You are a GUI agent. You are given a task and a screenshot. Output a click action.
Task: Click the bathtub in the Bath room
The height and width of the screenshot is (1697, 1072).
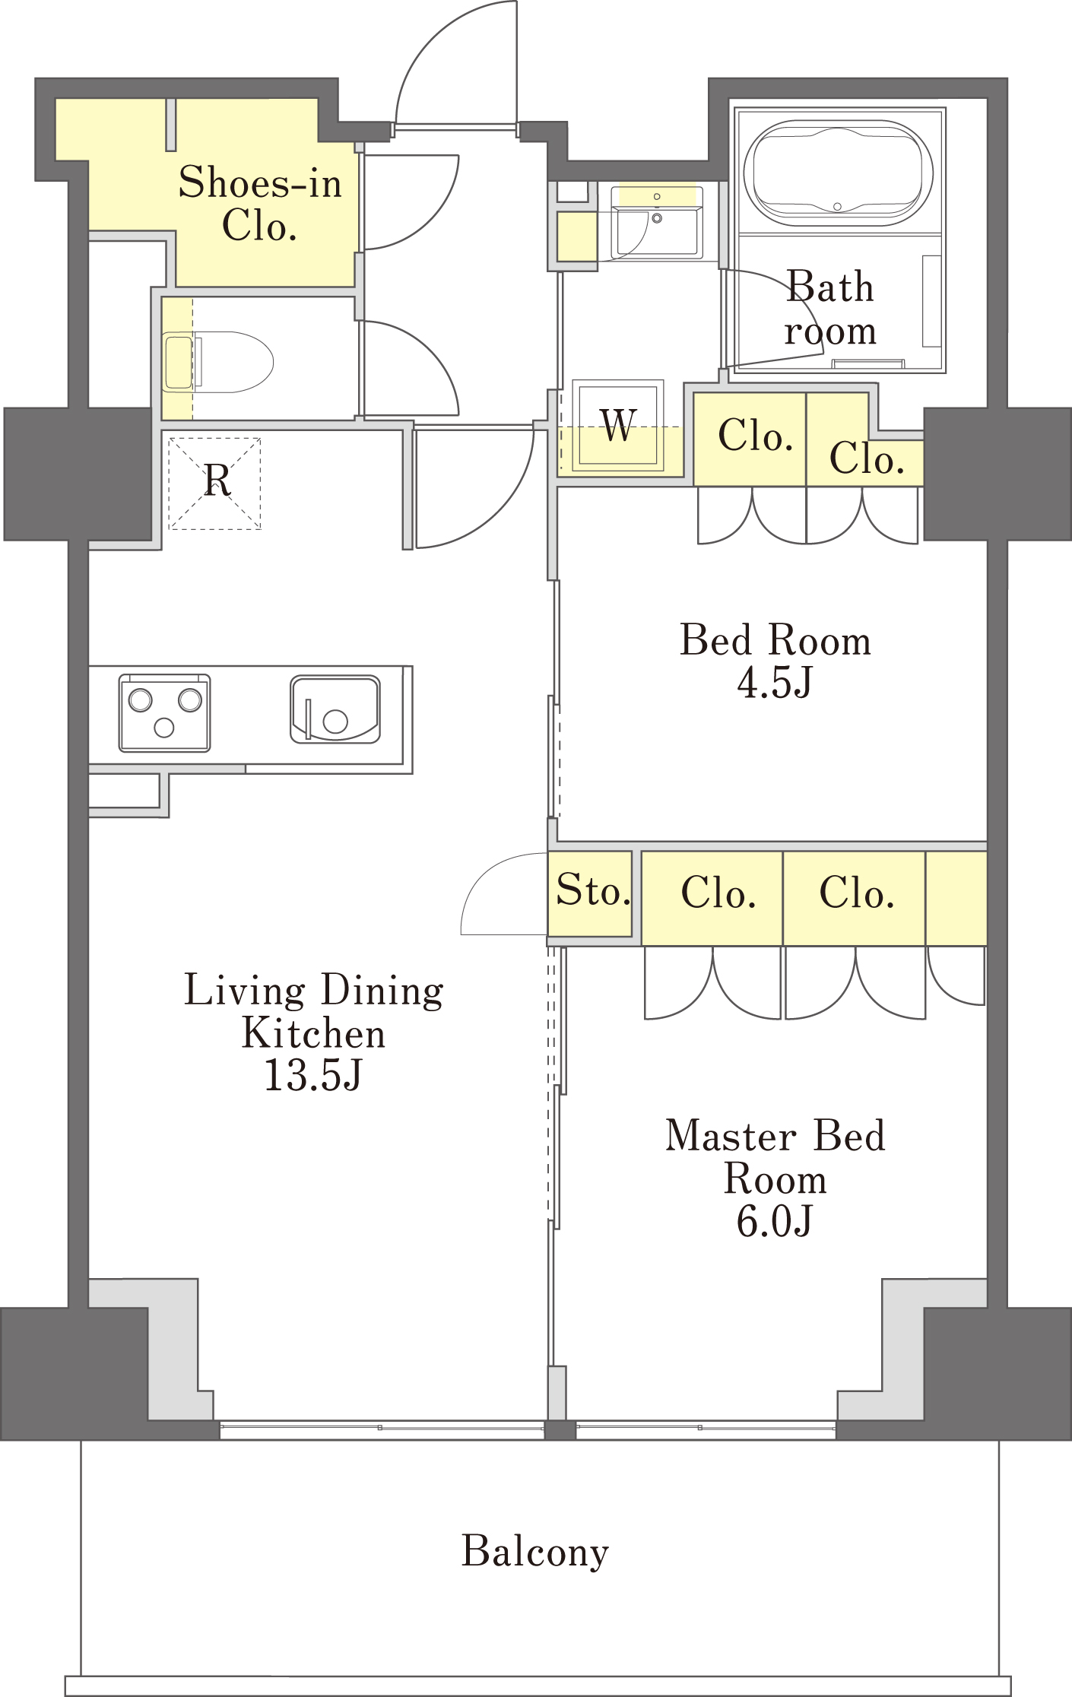click(838, 173)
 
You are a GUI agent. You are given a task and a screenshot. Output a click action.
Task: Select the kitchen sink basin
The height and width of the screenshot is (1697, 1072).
click(335, 709)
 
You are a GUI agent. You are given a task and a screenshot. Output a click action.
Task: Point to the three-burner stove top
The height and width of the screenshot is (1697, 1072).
click(164, 712)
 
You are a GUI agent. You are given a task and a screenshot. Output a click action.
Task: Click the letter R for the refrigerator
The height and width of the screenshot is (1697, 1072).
click(217, 481)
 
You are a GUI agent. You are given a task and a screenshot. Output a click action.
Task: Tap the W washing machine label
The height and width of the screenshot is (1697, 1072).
click(618, 425)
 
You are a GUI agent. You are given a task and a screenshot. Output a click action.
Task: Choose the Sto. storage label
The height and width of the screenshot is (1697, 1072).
click(593, 890)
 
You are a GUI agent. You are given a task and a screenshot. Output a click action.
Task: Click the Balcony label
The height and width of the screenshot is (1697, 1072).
click(535, 1552)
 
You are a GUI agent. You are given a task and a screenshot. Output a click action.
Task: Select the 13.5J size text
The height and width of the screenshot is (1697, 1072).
click(312, 1075)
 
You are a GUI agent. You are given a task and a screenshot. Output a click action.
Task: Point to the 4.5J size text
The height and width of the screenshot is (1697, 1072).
click(775, 682)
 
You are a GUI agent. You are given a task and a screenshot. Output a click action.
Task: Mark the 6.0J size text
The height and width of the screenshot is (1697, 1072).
click(775, 1222)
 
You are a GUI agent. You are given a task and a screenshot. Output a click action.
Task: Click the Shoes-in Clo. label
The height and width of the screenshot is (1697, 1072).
click(260, 204)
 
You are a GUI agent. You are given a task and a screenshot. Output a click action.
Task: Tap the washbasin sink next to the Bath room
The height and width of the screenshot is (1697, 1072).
click(657, 220)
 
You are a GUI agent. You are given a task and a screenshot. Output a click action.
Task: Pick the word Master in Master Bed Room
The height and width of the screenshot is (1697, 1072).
click(731, 1136)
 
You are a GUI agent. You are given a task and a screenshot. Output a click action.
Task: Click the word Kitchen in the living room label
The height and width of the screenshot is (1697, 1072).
click(313, 1033)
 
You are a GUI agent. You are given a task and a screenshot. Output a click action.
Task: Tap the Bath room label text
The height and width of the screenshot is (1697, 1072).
click(830, 308)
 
